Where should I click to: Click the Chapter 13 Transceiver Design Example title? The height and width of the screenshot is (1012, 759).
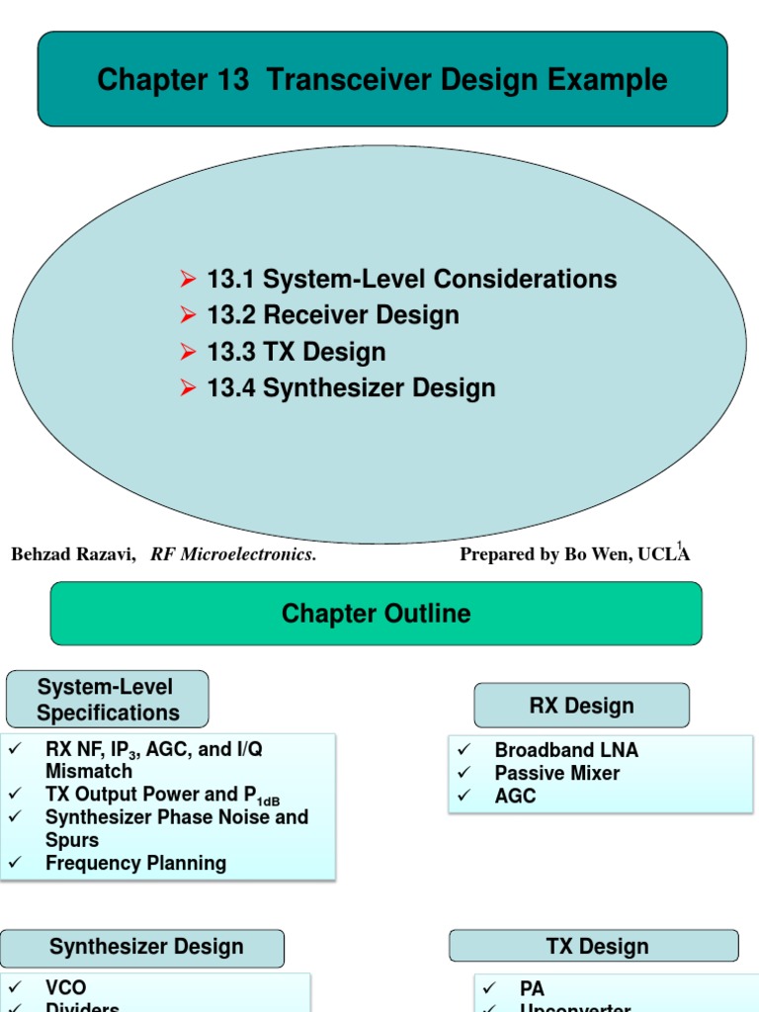point(381,80)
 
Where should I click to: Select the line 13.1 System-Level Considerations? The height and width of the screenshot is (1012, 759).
point(411,280)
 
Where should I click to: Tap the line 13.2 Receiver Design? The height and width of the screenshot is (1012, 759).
point(332,315)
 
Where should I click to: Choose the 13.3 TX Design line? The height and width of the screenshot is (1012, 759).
point(295,352)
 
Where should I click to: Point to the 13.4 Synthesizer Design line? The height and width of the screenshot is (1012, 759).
point(351,387)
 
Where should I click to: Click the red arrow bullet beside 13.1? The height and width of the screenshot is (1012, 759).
point(189,280)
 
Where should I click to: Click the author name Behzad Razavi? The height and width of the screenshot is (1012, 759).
point(72,554)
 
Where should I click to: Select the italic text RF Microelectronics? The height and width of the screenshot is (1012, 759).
point(233,554)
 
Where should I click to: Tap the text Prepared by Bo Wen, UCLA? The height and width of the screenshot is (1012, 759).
point(574,554)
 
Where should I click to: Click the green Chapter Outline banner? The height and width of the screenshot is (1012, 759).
point(377,614)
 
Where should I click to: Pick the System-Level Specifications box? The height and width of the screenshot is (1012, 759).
point(108,700)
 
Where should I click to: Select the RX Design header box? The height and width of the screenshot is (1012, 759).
point(581,707)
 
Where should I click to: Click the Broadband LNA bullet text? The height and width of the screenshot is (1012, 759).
point(566,750)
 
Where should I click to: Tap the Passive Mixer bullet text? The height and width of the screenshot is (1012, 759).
point(557,773)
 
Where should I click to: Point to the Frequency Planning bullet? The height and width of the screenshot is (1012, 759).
point(135,863)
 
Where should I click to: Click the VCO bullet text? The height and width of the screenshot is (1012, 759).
point(65,988)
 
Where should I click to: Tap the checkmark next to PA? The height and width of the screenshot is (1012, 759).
point(491,988)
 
